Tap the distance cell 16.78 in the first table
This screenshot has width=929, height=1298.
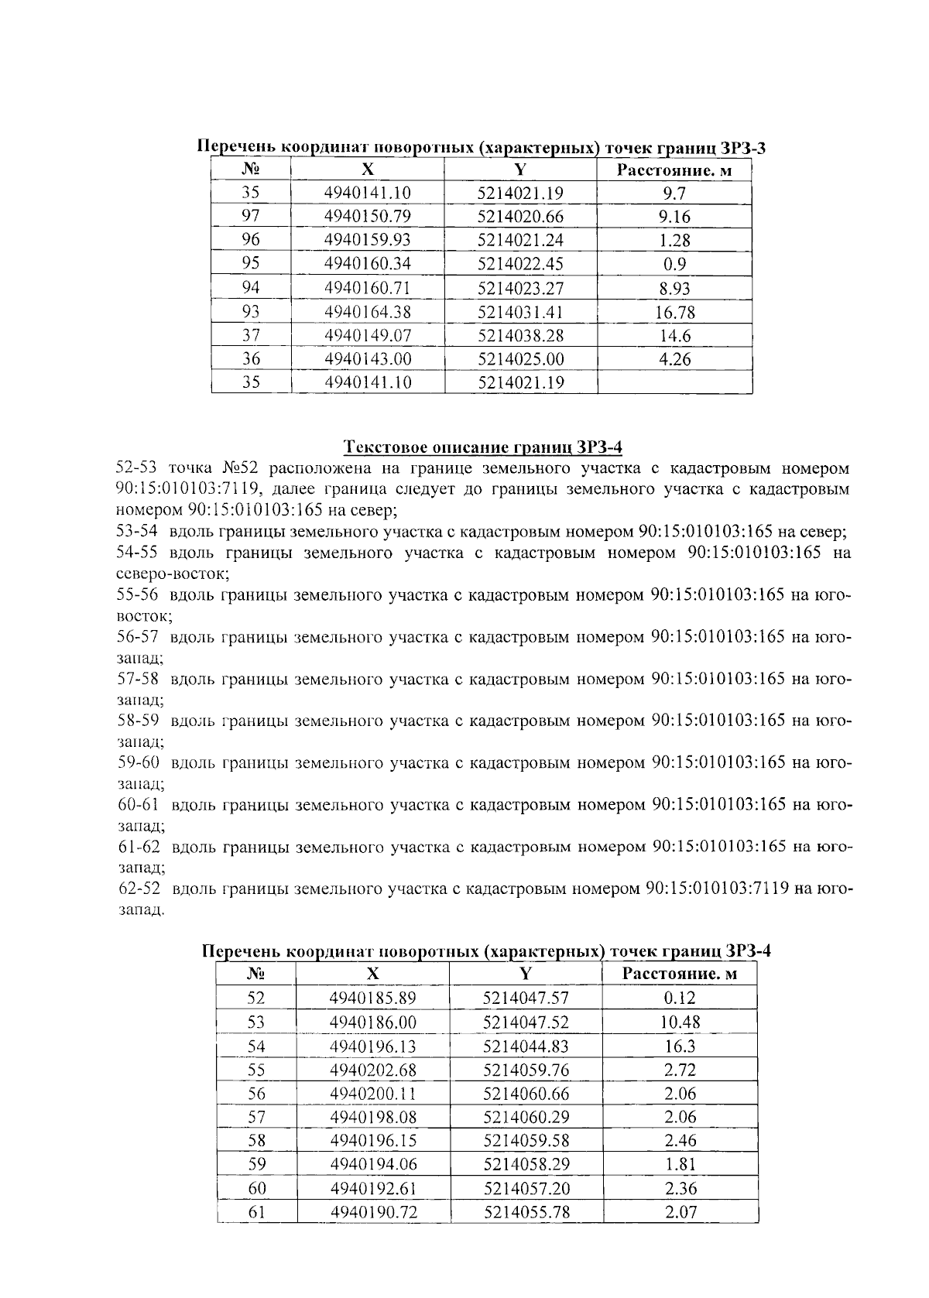coord(674,312)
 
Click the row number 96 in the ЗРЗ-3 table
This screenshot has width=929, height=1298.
coord(251,240)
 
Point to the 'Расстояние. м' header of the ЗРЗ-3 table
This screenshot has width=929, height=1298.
coord(674,170)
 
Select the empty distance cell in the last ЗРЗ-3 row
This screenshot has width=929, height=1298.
coord(674,382)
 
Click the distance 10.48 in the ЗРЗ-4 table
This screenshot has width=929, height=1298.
coord(679,1022)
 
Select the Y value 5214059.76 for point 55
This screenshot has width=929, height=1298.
coord(526,1070)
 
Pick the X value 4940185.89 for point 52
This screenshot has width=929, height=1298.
coord(373,998)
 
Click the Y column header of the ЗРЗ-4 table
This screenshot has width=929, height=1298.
coord(526,974)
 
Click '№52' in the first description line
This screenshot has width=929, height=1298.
coord(244,469)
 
